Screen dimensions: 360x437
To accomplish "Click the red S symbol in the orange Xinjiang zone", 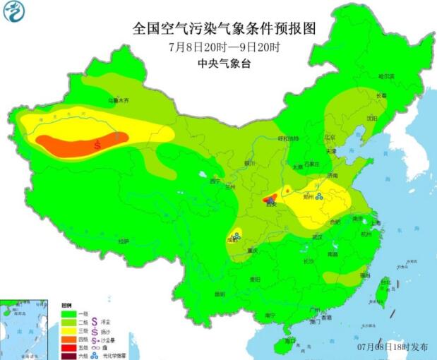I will pyautogui.click(x=97, y=144).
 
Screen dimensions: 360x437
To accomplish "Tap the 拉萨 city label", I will pyautogui.click(x=124, y=241).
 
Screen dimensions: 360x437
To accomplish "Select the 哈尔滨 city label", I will pyautogui.click(x=385, y=76).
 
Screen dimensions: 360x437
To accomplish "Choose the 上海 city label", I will pyautogui.click(x=374, y=222).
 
